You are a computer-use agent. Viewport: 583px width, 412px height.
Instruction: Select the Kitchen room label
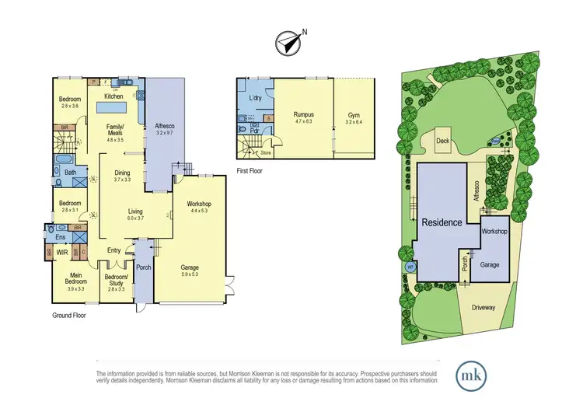tap(114, 96)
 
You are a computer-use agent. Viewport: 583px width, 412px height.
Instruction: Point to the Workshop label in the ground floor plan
tap(200, 204)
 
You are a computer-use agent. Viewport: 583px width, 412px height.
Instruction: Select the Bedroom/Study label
tap(114, 280)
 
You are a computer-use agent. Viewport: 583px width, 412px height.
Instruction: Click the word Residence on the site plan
tap(442, 222)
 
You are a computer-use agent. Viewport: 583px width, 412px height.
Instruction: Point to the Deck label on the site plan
tap(443, 141)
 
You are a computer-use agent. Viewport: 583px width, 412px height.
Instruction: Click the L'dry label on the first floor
tap(255, 98)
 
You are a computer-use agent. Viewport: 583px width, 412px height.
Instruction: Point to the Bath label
tap(70, 173)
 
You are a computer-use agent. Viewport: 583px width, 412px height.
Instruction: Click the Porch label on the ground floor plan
tap(143, 268)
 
